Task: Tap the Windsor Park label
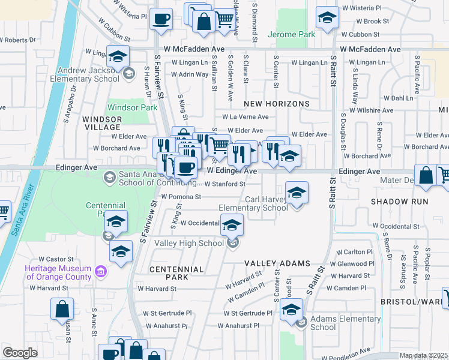tap(131, 108)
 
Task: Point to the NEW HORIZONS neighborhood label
tap(276, 104)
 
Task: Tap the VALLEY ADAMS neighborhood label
tap(277, 263)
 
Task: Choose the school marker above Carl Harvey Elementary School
tap(297, 193)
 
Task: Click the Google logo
tap(20, 353)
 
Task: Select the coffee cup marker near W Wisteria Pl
tap(161, 19)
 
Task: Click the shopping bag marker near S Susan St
tap(62, 309)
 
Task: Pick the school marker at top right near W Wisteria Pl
tap(327, 18)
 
